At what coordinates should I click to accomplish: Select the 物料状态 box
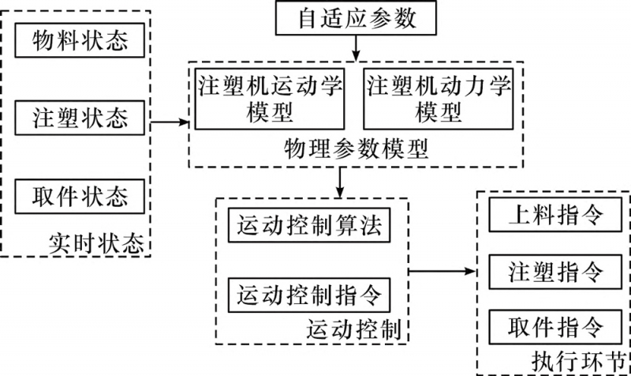click(x=80, y=41)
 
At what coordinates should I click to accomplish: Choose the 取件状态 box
click(x=80, y=196)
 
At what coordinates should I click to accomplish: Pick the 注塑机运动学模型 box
click(x=271, y=99)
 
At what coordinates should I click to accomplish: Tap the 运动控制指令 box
click(x=308, y=295)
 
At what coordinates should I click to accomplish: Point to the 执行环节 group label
click(x=588, y=359)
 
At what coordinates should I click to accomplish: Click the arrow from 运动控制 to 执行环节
click(x=443, y=271)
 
